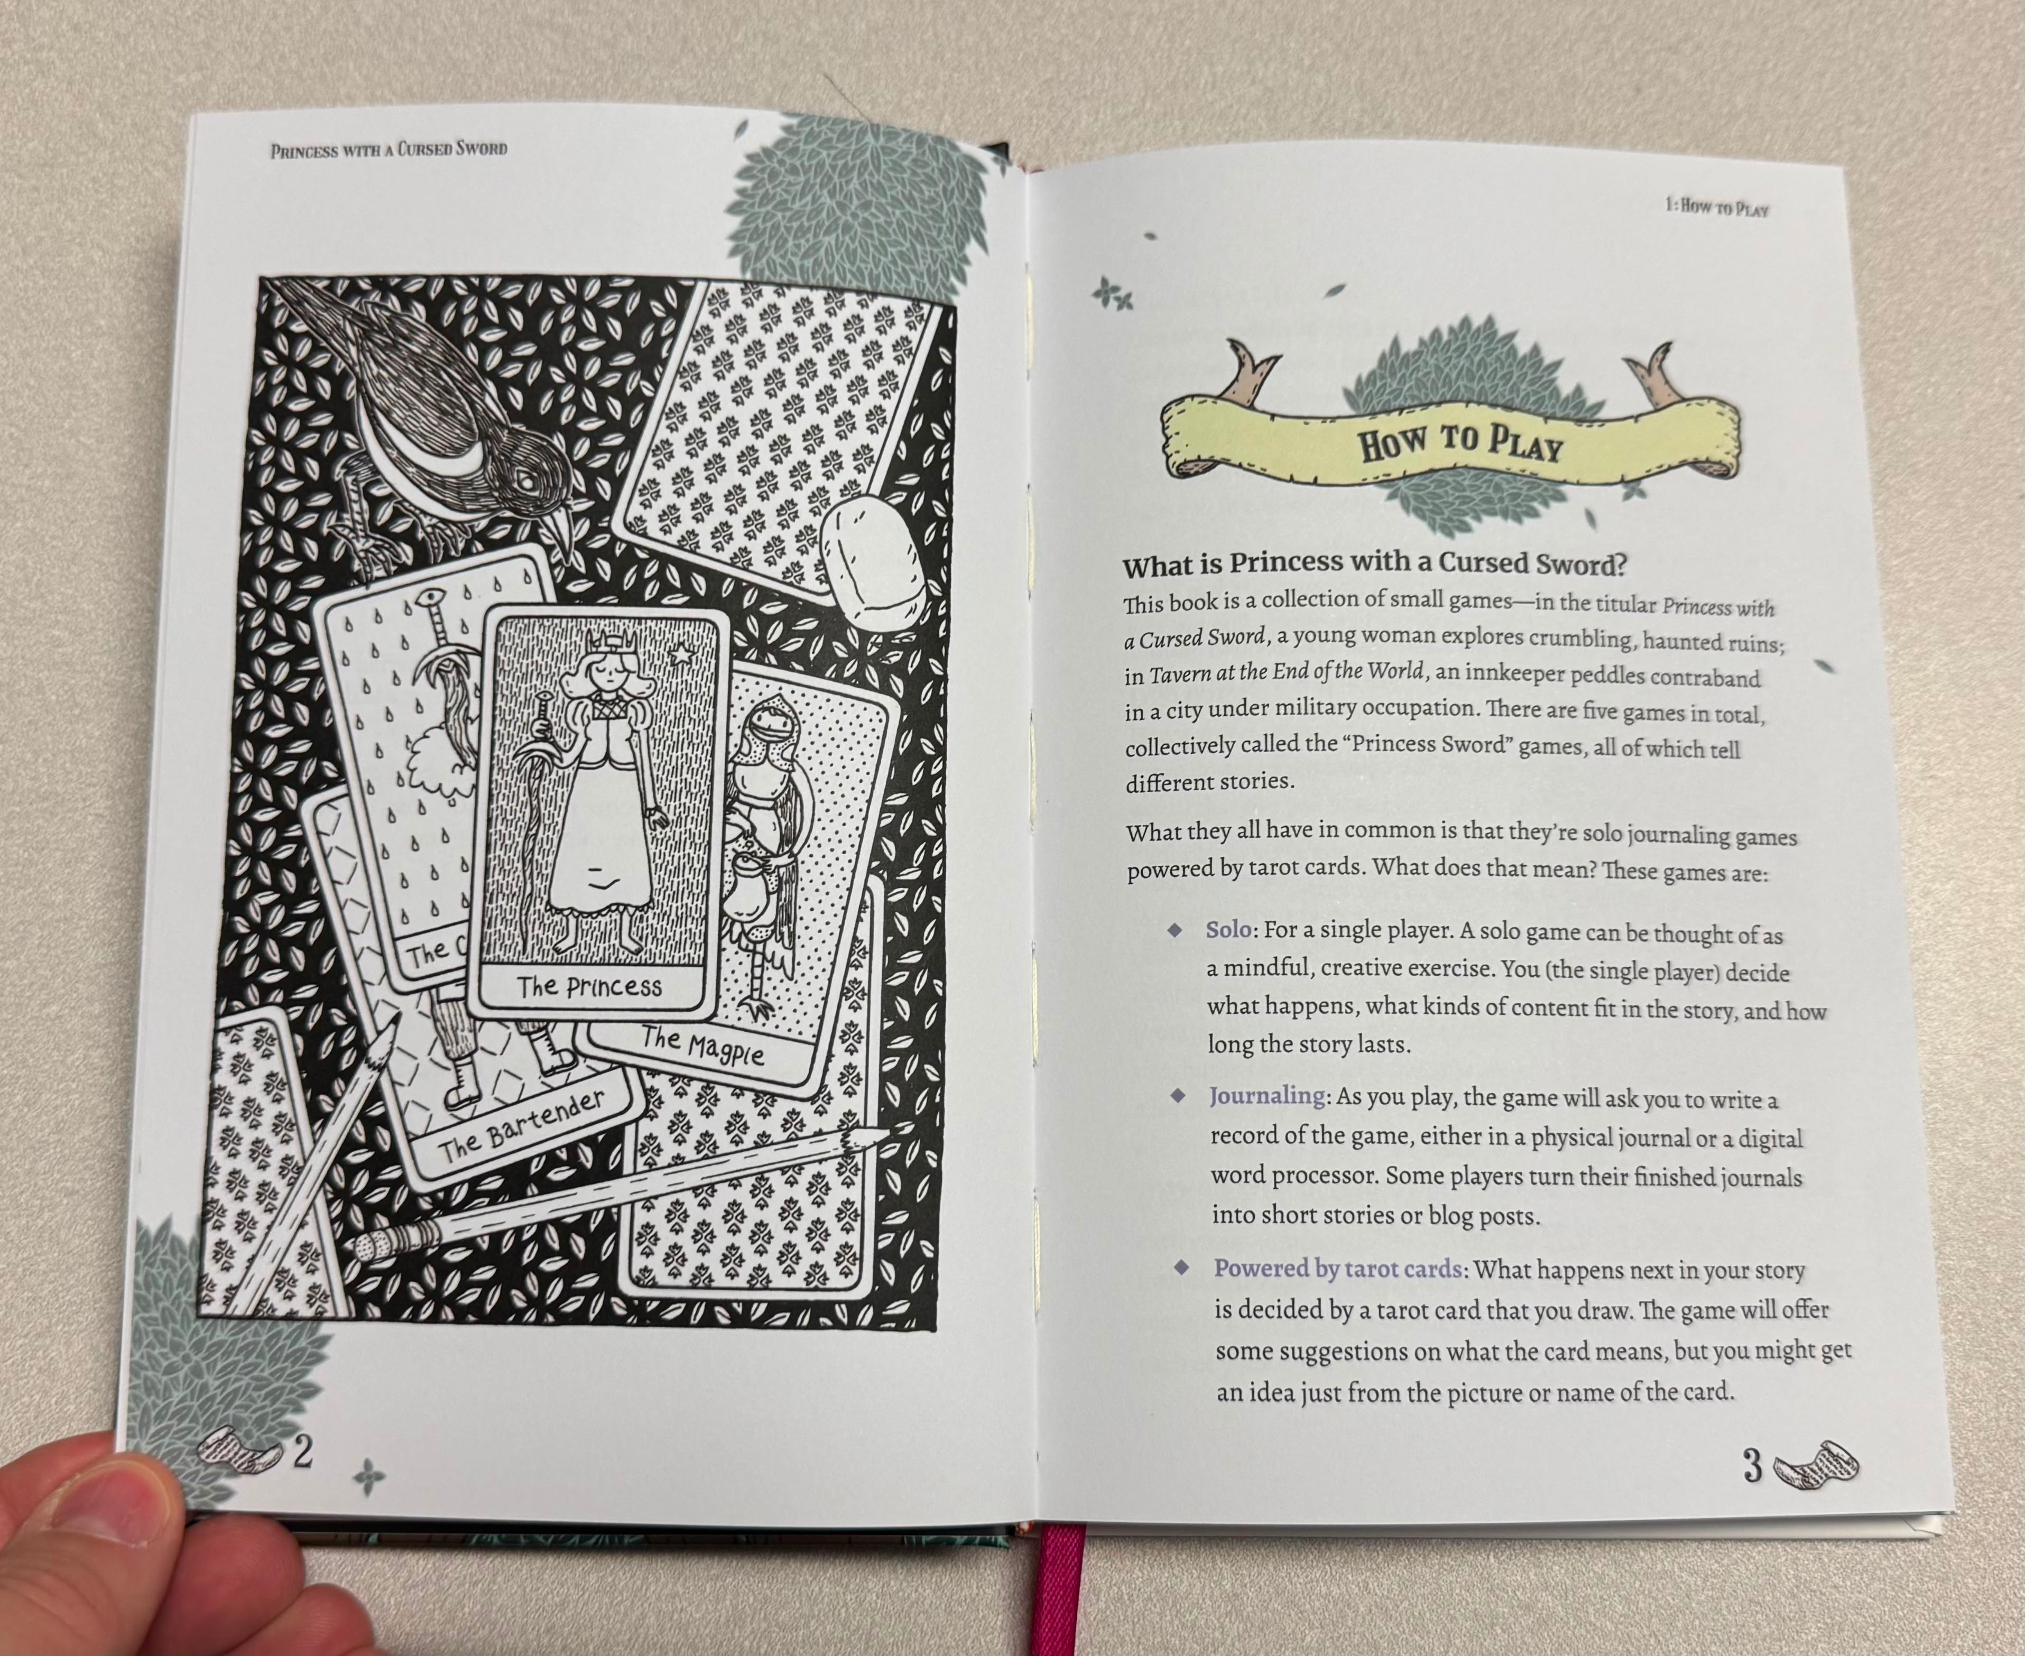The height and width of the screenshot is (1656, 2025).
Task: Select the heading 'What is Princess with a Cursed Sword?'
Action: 1374,565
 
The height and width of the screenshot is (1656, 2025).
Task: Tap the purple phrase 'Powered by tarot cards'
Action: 1337,1269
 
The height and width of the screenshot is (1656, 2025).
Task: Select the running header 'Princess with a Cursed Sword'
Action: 388,149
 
